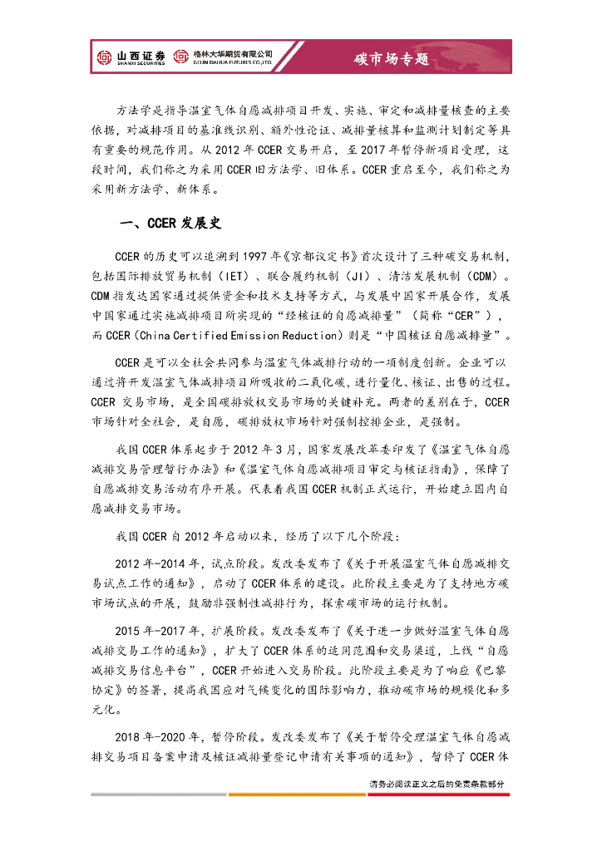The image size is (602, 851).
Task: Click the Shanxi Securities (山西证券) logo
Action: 131,57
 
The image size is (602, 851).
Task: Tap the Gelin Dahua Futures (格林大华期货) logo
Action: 223,57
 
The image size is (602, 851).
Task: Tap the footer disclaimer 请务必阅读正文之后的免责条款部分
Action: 437,784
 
